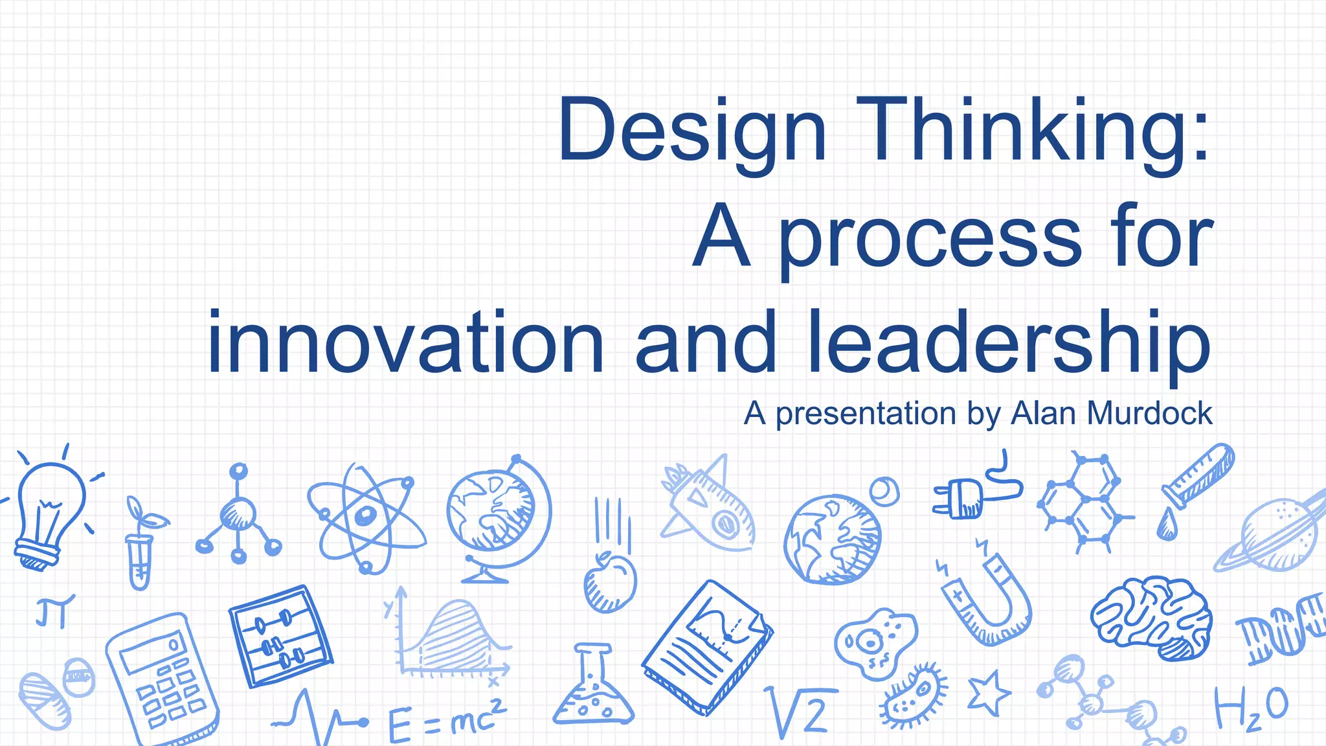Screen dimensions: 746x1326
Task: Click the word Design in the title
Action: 691,130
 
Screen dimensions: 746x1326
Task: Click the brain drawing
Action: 1152,618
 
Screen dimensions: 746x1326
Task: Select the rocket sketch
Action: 709,508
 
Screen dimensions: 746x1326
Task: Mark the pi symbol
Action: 54,611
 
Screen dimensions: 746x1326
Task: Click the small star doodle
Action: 988,692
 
